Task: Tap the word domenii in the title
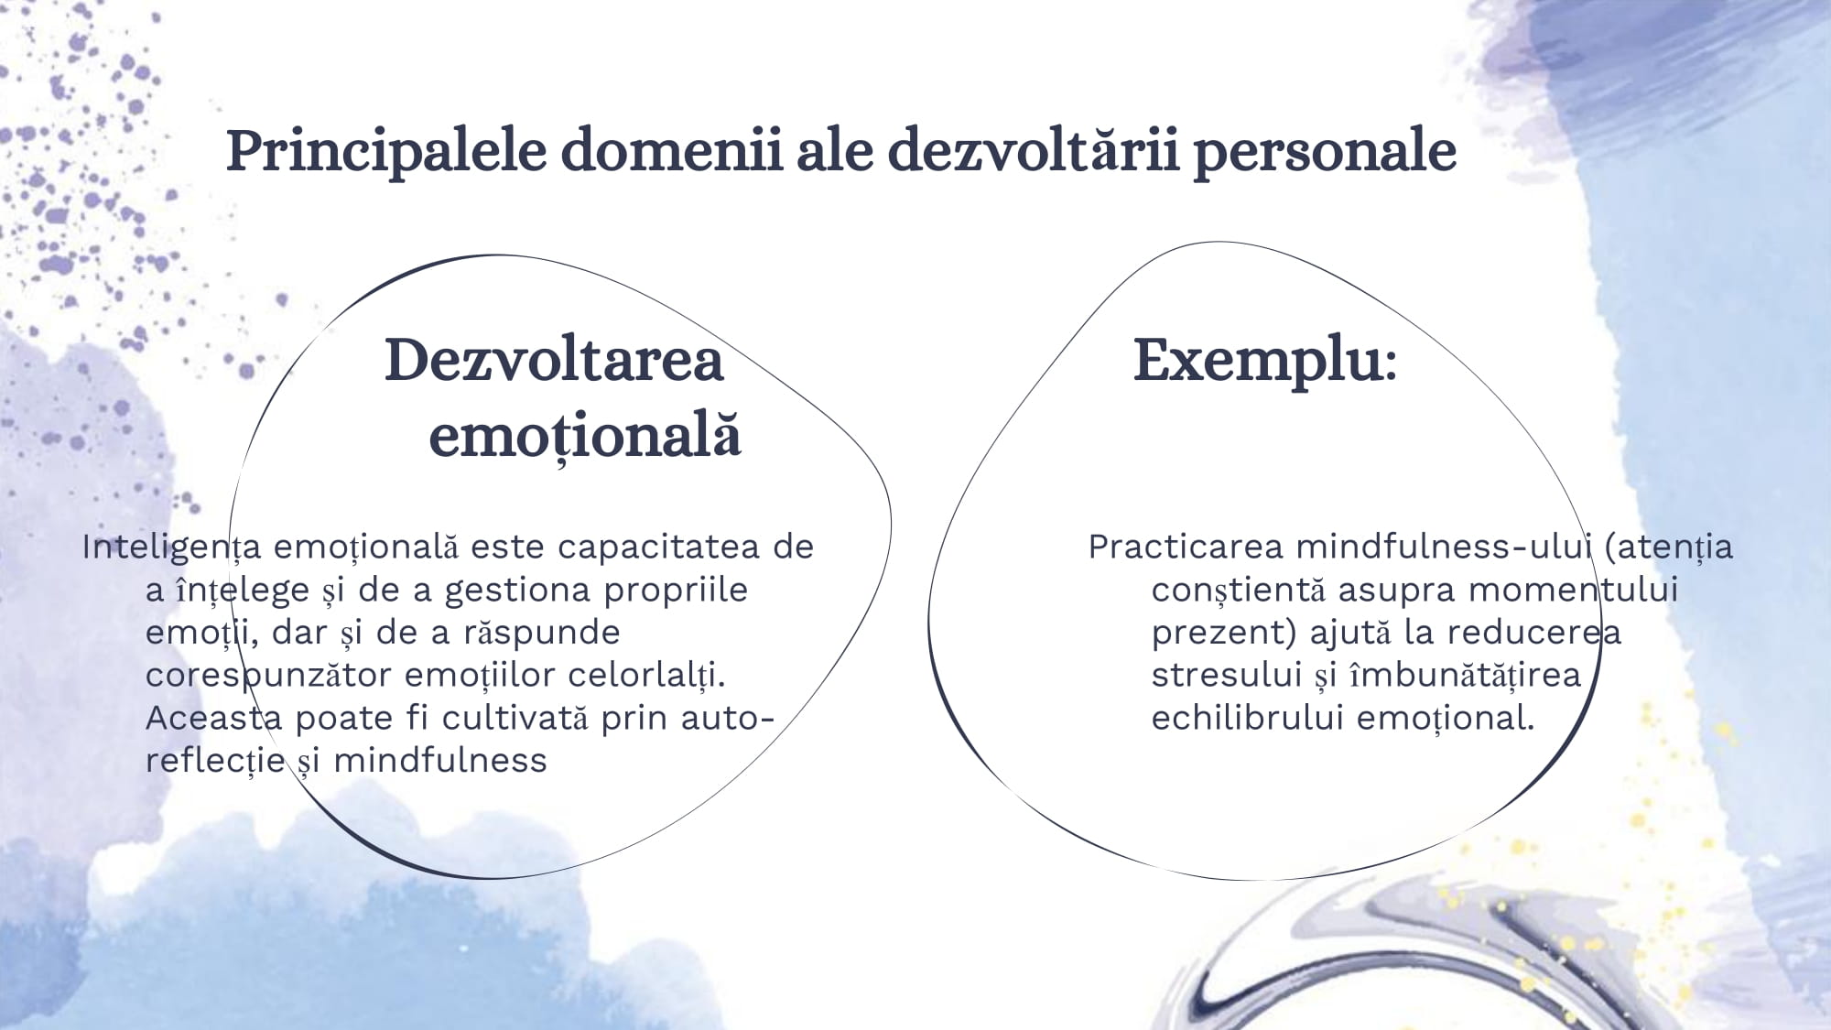tap(672, 150)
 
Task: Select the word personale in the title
tap(1325, 152)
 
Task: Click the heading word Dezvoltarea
tap(554, 359)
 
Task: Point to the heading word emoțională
tap(585, 435)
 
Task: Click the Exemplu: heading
tap(1265, 360)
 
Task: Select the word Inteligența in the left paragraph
tap(172, 548)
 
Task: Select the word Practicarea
tap(1186, 547)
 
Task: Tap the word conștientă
tap(1239, 591)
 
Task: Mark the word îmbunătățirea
tap(1466, 675)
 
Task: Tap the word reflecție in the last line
tap(215, 761)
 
